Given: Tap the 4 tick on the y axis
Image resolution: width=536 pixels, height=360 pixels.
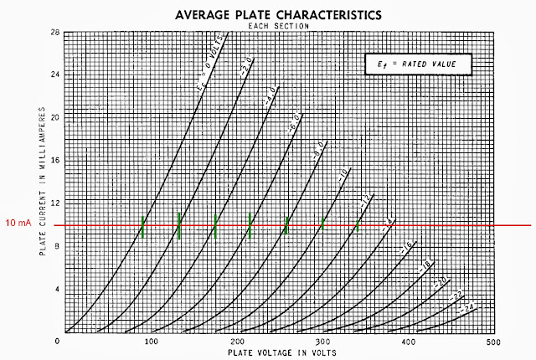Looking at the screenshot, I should pos(55,289).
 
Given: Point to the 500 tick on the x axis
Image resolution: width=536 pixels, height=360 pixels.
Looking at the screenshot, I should pos(493,342).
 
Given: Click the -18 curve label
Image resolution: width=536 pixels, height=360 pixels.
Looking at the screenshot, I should pos(426,265).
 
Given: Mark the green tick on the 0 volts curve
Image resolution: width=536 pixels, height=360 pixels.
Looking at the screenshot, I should pos(144,227).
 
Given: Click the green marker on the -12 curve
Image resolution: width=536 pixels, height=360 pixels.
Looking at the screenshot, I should pos(358,224).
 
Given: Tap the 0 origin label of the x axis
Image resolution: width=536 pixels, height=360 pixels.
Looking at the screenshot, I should pos(57,342).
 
